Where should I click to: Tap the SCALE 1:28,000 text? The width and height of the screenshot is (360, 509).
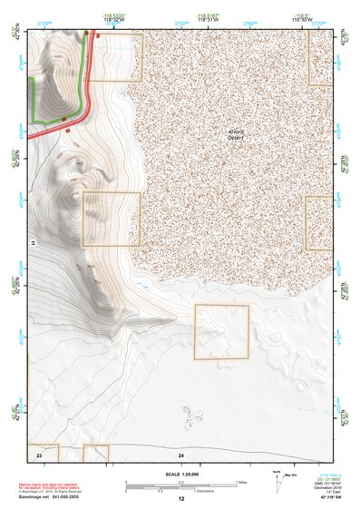[x=180, y=474]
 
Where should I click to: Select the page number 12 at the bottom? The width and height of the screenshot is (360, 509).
[x=181, y=499]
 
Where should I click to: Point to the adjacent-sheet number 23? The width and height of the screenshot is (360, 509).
[x=40, y=453]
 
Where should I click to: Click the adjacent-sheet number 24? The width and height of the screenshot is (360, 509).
[x=181, y=453]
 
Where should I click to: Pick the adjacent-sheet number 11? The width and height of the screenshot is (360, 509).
[x=31, y=244]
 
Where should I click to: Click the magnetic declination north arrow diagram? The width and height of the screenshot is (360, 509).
[x=278, y=481]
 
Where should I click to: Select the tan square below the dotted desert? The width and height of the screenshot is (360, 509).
[x=222, y=332]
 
